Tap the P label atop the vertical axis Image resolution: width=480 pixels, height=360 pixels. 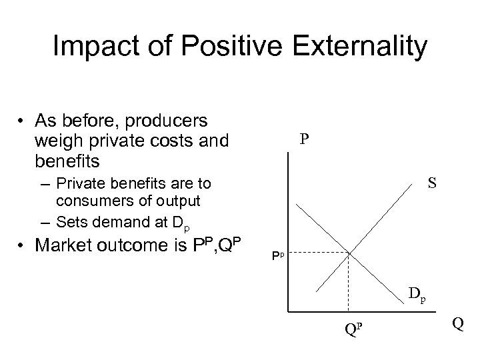pyautogui.click(x=304, y=139)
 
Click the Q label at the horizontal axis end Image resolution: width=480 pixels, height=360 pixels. pyautogui.click(x=457, y=323)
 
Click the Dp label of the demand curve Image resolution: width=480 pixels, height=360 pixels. pyautogui.click(x=417, y=294)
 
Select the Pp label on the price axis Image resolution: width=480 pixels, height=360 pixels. pyautogui.click(x=278, y=255)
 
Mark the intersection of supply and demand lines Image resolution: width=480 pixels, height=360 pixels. pyautogui.click(x=349, y=253)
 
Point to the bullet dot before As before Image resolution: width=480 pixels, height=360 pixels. pyautogui.click(x=23, y=121)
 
